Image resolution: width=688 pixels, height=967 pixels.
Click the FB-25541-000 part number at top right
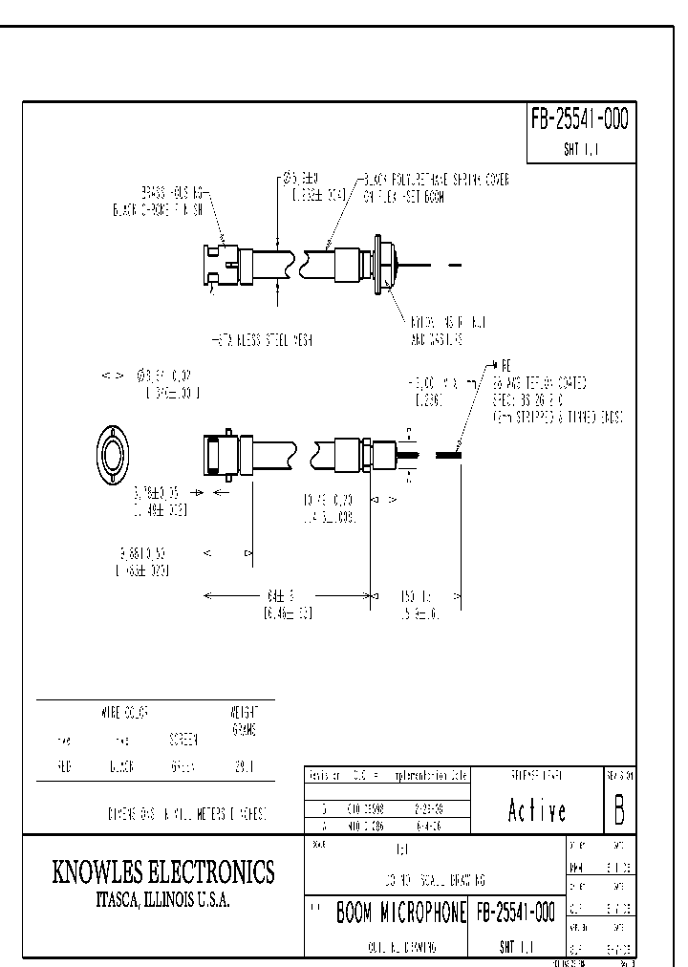point(579,119)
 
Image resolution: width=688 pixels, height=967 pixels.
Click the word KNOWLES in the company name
point(106,871)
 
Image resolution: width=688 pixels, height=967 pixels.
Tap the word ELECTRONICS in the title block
point(216,871)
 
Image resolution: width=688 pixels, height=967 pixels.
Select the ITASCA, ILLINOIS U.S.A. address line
point(162,900)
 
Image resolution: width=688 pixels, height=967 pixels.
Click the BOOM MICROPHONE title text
point(399,913)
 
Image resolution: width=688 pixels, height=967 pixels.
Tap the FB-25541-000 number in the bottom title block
point(514,913)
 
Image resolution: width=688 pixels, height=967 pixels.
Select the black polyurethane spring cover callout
point(435,187)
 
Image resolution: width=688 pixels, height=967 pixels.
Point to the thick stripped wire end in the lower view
point(449,456)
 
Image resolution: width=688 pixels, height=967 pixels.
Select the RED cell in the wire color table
point(62,766)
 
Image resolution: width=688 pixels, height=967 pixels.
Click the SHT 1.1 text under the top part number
point(579,151)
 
